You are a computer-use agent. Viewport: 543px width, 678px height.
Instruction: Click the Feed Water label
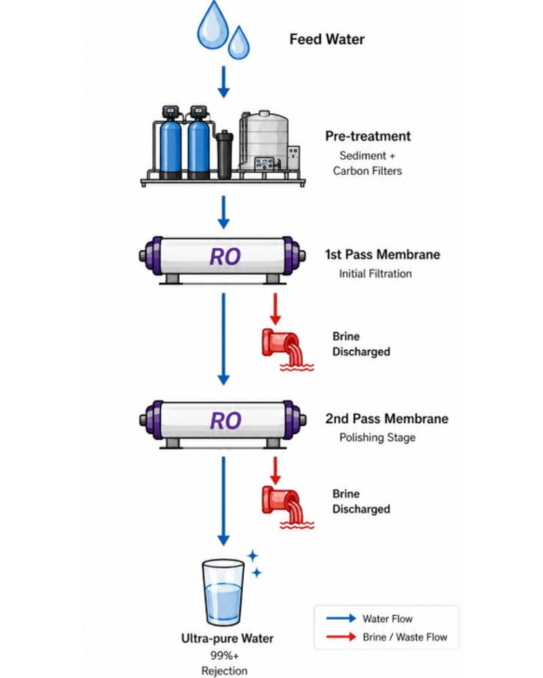coord(327,39)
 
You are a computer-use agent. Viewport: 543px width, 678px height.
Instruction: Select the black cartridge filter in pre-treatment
coord(224,155)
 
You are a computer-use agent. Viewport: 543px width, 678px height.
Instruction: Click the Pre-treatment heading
coord(368,136)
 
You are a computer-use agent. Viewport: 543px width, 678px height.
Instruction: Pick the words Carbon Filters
coord(367,172)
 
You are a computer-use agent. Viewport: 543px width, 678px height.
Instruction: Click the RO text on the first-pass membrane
coord(225,256)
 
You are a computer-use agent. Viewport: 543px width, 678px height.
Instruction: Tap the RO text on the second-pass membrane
coord(225,421)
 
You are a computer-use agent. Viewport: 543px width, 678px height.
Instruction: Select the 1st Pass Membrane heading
coord(383,255)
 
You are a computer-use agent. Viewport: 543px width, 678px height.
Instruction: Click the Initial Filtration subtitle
coord(375,274)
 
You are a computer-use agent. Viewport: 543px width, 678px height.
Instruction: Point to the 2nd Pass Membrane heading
coord(387,418)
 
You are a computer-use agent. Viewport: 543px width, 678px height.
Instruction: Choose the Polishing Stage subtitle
coord(377,437)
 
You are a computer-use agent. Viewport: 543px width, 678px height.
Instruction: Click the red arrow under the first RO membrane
coord(275,309)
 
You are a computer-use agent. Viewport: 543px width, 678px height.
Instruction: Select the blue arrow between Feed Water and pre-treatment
coord(223,82)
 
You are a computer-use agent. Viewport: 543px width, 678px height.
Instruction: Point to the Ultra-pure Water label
coord(227,639)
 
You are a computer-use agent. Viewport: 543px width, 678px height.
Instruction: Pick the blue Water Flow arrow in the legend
coord(341,618)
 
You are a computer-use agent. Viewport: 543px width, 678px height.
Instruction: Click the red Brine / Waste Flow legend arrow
coord(341,637)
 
